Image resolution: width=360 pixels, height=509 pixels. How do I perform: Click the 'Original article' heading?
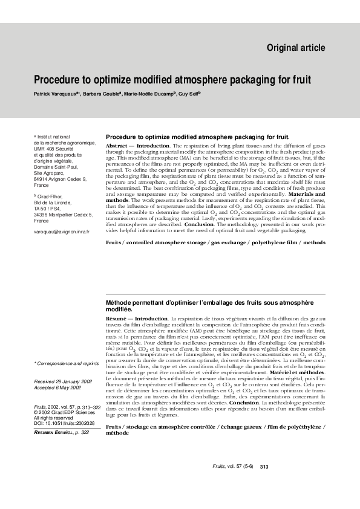click(x=295, y=48)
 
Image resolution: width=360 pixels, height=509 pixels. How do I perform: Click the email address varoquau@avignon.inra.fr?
click(x=61, y=232)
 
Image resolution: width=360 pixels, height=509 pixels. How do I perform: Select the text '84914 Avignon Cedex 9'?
click(x=60, y=179)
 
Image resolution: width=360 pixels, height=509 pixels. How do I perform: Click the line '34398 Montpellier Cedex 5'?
click(x=63, y=214)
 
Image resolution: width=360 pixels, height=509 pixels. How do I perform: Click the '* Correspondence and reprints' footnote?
click(x=66, y=363)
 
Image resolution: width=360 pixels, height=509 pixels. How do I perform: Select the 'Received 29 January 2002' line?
click(x=62, y=383)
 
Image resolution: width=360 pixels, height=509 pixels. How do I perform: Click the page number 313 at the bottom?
click(x=264, y=467)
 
